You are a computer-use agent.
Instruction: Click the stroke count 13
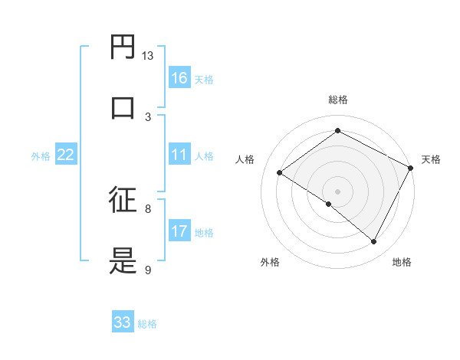pyautogui.click(x=148, y=56)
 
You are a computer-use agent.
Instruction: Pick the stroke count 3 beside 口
pyautogui.click(x=148, y=116)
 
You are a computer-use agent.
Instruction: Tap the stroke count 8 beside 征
pyautogui.click(x=148, y=208)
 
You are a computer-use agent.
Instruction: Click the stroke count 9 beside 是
pyautogui.click(x=148, y=270)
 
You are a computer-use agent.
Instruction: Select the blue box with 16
pyautogui.click(x=179, y=78)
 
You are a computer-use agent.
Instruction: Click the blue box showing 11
pyautogui.click(x=179, y=155)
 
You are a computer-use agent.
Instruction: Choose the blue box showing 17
pyautogui.click(x=179, y=231)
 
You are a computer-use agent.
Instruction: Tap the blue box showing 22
pyautogui.click(x=66, y=155)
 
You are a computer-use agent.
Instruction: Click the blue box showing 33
pyautogui.click(x=123, y=322)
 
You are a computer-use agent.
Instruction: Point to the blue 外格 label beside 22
pyautogui.click(x=41, y=156)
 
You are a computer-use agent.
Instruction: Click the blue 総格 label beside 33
pyautogui.click(x=147, y=324)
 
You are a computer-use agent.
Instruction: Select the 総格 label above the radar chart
pyautogui.click(x=337, y=100)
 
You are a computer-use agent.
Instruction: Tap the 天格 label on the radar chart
pyautogui.click(x=431, y=159)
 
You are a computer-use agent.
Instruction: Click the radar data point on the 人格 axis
pyautogui.click(x=280, y=172)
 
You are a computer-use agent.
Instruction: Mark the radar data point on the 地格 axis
pyautogui.click(x=374, y=242)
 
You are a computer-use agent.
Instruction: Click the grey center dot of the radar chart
pyautogui.click(x=337, y=191)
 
